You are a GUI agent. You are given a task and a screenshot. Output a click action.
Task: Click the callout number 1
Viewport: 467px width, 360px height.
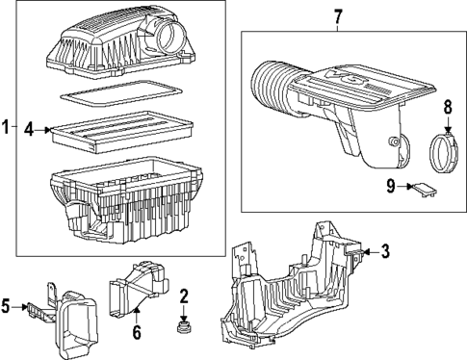[x=7, y=126]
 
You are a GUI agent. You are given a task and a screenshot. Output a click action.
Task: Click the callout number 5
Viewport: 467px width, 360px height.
[x=9, y=307]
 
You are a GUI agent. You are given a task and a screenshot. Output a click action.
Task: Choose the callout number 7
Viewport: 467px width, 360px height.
[x=337, y=15]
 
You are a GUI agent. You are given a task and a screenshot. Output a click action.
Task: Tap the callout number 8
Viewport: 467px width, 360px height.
[x=446, y=106]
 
